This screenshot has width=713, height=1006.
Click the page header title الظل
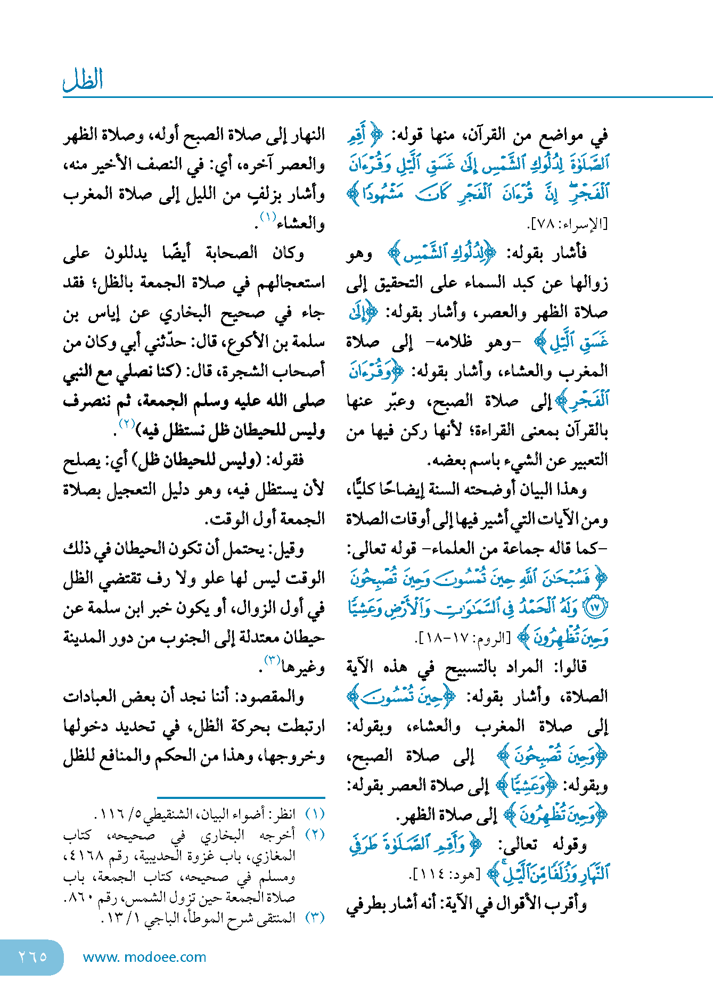tap(83, 80)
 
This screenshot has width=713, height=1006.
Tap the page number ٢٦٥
tap(32, 956)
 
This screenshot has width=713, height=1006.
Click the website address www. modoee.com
tap(144, 957)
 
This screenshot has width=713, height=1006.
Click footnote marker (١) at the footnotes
tap(314, 814)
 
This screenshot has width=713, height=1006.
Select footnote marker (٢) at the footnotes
tap(314, 835)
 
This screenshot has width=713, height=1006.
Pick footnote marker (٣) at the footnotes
tap(314, 918)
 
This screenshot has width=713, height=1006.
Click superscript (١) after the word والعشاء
tap(267, 217)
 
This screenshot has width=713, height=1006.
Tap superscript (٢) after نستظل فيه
tap(127, 424)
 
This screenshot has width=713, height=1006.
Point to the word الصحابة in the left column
tap(232, 253)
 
